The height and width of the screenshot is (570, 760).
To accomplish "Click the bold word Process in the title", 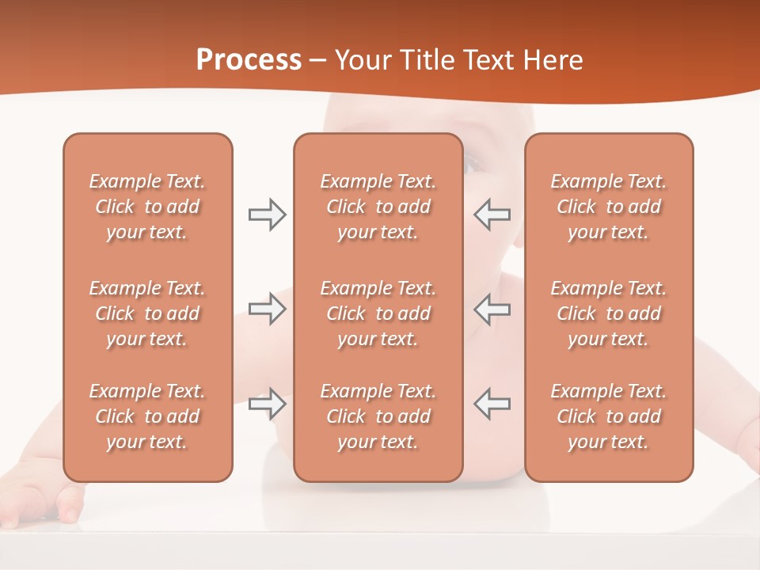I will pyautogui.click(x=249, y=60).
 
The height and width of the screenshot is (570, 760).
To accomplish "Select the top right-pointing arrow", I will pyautogui.click(x=267, y=215).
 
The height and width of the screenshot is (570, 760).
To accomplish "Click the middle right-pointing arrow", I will pyautogui.click(x=267, y=309).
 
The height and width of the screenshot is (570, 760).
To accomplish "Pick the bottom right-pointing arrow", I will pyautogui.click(x=267, y=404).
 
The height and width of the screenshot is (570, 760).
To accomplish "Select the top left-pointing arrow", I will pyautogui.click(x=492, y=215).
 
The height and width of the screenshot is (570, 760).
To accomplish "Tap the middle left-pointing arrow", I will pyautogui.click(x=492, y=309).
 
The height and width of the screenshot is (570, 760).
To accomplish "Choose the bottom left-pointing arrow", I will pyautogui.click(x=492, y=404).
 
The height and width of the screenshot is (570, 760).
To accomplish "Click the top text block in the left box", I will pyautogui.click(x=147, y=207).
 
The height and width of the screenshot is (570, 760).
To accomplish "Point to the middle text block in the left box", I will pyautogui.click(x=147, y=313).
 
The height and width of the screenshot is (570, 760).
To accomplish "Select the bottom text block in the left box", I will pyautogui.click(x=147, y=416).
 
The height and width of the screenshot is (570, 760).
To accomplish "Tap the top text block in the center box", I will pyautogui.click(x=378, y=207).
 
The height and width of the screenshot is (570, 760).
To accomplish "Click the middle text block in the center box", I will pyautogui.click(x=378, y=313).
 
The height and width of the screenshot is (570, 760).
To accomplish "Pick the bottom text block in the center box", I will pyautogui.click(x=378, y=416).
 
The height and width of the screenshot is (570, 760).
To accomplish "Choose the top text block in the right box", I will pyautogui.click(x=608, y=207).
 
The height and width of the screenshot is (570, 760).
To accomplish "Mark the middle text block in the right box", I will pyautogui.click(x=608, y=313).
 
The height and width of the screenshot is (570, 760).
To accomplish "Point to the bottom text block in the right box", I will pyautogui.click(x=608, y=416).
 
